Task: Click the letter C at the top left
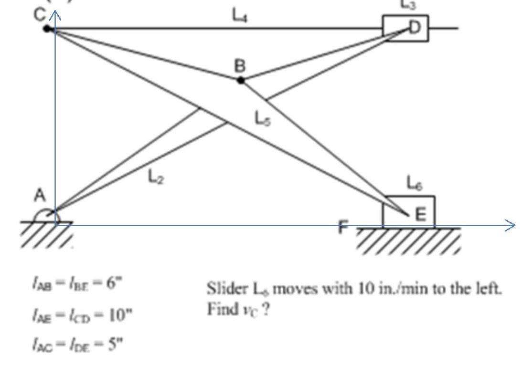click(40, 14)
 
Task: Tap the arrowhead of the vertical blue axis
click(55, 16)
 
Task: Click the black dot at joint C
click(47, 29)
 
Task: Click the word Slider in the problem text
click(224, 289)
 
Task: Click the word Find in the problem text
click(220, 309)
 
